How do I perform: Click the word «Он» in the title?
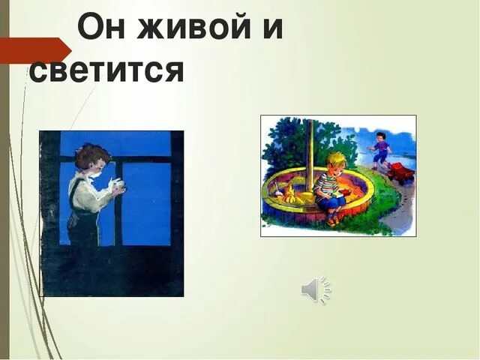[103, 28]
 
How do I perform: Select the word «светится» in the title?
[106, 70]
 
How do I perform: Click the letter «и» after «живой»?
[271, 28]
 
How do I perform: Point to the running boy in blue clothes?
[381, 150]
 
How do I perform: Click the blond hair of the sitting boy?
[337, 161]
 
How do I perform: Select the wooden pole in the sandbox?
[309, 154]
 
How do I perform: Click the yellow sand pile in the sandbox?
[295, 197]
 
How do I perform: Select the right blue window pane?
[147, 202]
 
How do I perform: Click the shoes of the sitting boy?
[331, 220]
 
